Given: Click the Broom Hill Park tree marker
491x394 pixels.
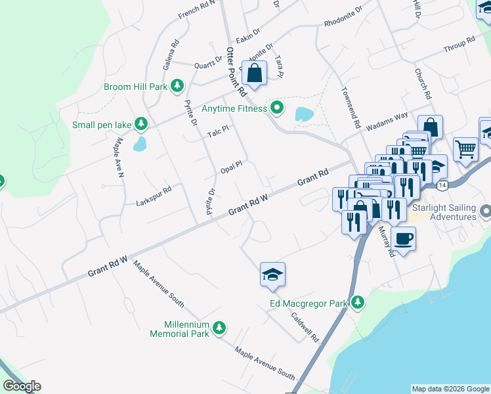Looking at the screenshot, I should pos(177,86).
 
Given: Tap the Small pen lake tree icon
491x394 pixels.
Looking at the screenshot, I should pos(140,123).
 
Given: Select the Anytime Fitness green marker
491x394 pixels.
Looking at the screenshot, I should pos(277,108).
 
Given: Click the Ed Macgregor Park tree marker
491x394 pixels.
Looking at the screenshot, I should pos(357,303).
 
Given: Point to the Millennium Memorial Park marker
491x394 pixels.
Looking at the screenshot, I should pos(220,328).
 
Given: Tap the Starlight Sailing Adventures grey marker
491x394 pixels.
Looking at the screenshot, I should pos(485,211).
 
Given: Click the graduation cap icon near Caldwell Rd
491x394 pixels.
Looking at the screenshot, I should pos(272,274).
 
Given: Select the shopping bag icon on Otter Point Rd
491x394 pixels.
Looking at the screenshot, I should pos(254,72).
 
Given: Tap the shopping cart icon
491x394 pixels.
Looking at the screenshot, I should pos(465,148).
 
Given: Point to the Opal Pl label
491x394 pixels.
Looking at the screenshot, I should pos(232,164).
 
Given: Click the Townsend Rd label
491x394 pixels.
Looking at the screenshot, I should pos(349,108).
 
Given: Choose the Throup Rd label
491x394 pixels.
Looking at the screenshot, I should pos(459,45).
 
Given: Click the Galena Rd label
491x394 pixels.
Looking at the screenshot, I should pos(171,56).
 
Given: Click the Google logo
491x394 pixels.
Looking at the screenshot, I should pos(22,386).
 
